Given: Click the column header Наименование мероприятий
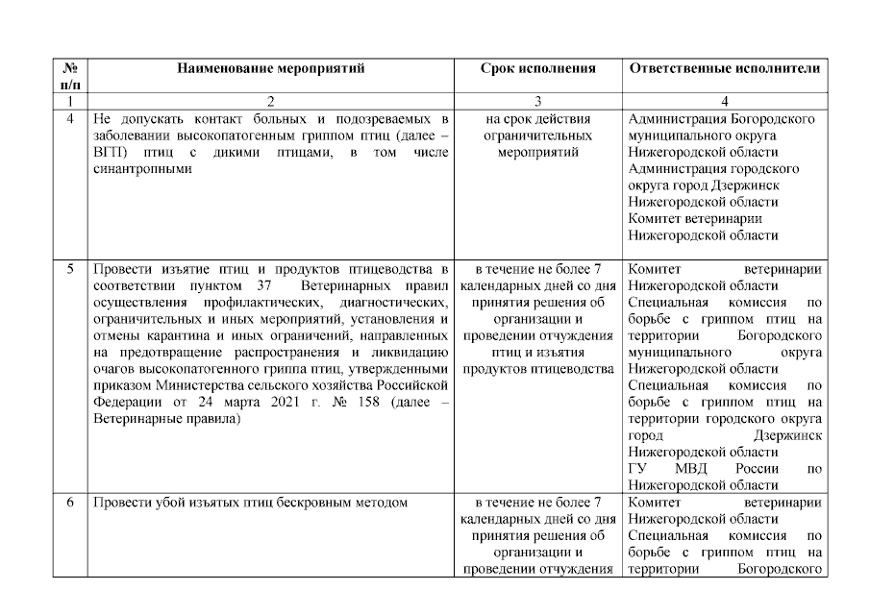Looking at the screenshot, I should click(270, 68).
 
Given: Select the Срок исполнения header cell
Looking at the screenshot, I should click(537, 68).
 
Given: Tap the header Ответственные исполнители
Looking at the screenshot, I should click(724, 68).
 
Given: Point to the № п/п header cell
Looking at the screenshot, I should click(70, 76).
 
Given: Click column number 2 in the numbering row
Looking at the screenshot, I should click(270, 101).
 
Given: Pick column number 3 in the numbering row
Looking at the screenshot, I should click(537, 101).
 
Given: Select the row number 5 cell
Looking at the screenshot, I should click(70, 268).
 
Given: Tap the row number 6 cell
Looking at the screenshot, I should click(70, 502).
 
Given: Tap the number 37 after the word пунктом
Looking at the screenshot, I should click(269, 285).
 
